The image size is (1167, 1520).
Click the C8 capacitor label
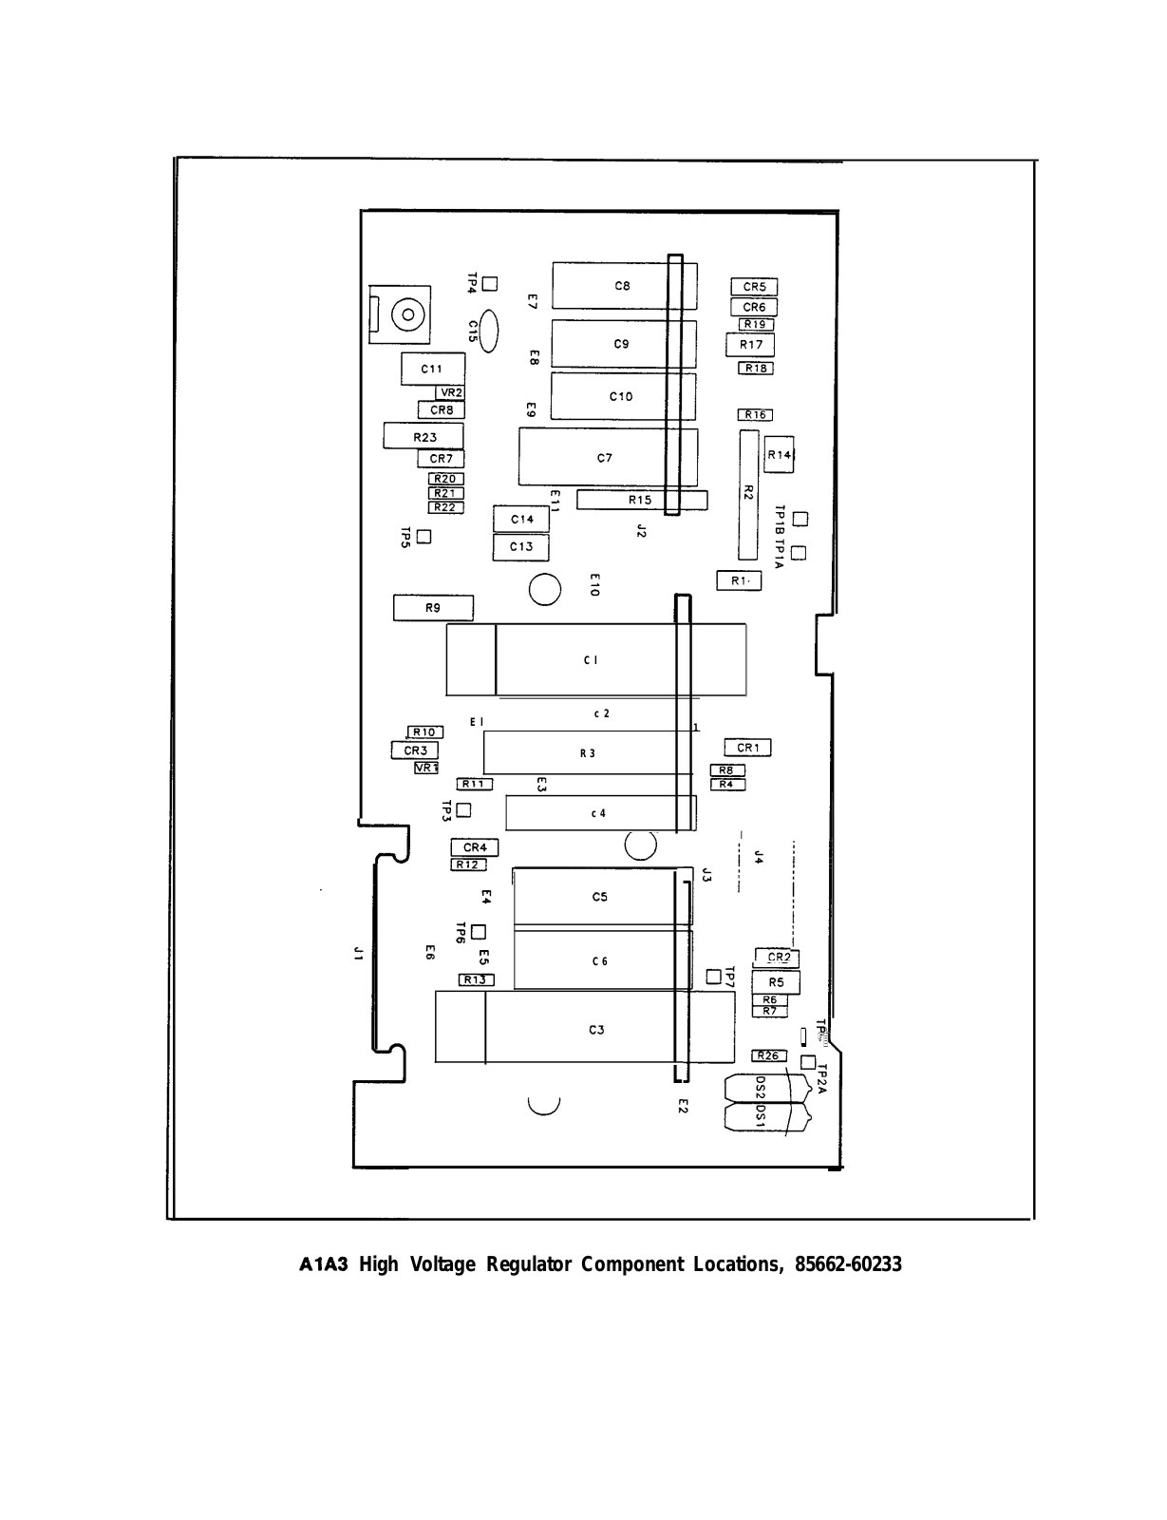click(622, 285)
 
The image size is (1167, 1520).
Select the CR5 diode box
click(754, 287)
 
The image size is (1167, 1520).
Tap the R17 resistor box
click(750, 345)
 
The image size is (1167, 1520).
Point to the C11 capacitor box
click(432, 369)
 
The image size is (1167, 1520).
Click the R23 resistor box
click(424, 437)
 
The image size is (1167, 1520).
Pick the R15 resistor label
click(640, 500)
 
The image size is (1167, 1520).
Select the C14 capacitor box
click(521, 520)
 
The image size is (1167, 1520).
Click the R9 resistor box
click(433, 608)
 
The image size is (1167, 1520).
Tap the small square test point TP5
click(424, 536)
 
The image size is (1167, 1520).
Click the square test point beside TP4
click(490, 283)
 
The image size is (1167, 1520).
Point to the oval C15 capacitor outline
click(490, 332)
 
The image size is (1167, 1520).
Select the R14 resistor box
click(779, 455)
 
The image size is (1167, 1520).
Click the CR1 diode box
click(747, 749)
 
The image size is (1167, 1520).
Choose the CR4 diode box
click(474, 847)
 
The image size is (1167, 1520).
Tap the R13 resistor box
click(476, 979)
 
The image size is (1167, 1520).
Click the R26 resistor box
click(768, 1055)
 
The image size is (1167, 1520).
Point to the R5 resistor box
click(776, 982)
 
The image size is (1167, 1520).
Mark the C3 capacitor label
click(596, 1030)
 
